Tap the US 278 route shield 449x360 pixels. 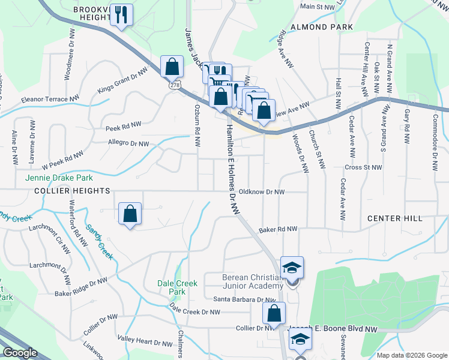pos(175,86)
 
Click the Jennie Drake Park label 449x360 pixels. pos(59,178)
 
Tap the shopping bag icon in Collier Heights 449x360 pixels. pos(130,214)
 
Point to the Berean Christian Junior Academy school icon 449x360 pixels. pos(292,268)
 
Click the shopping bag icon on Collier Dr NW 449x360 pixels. pos(274,313)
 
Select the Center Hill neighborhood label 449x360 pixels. pos(395,218)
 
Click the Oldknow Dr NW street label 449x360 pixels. pos(261,192)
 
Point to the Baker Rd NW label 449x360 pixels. pos(278,229)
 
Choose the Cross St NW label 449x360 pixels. pos(364,167)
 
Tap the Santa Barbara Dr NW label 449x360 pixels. pos(244,299)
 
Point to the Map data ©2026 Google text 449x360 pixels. pos(411,355)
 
